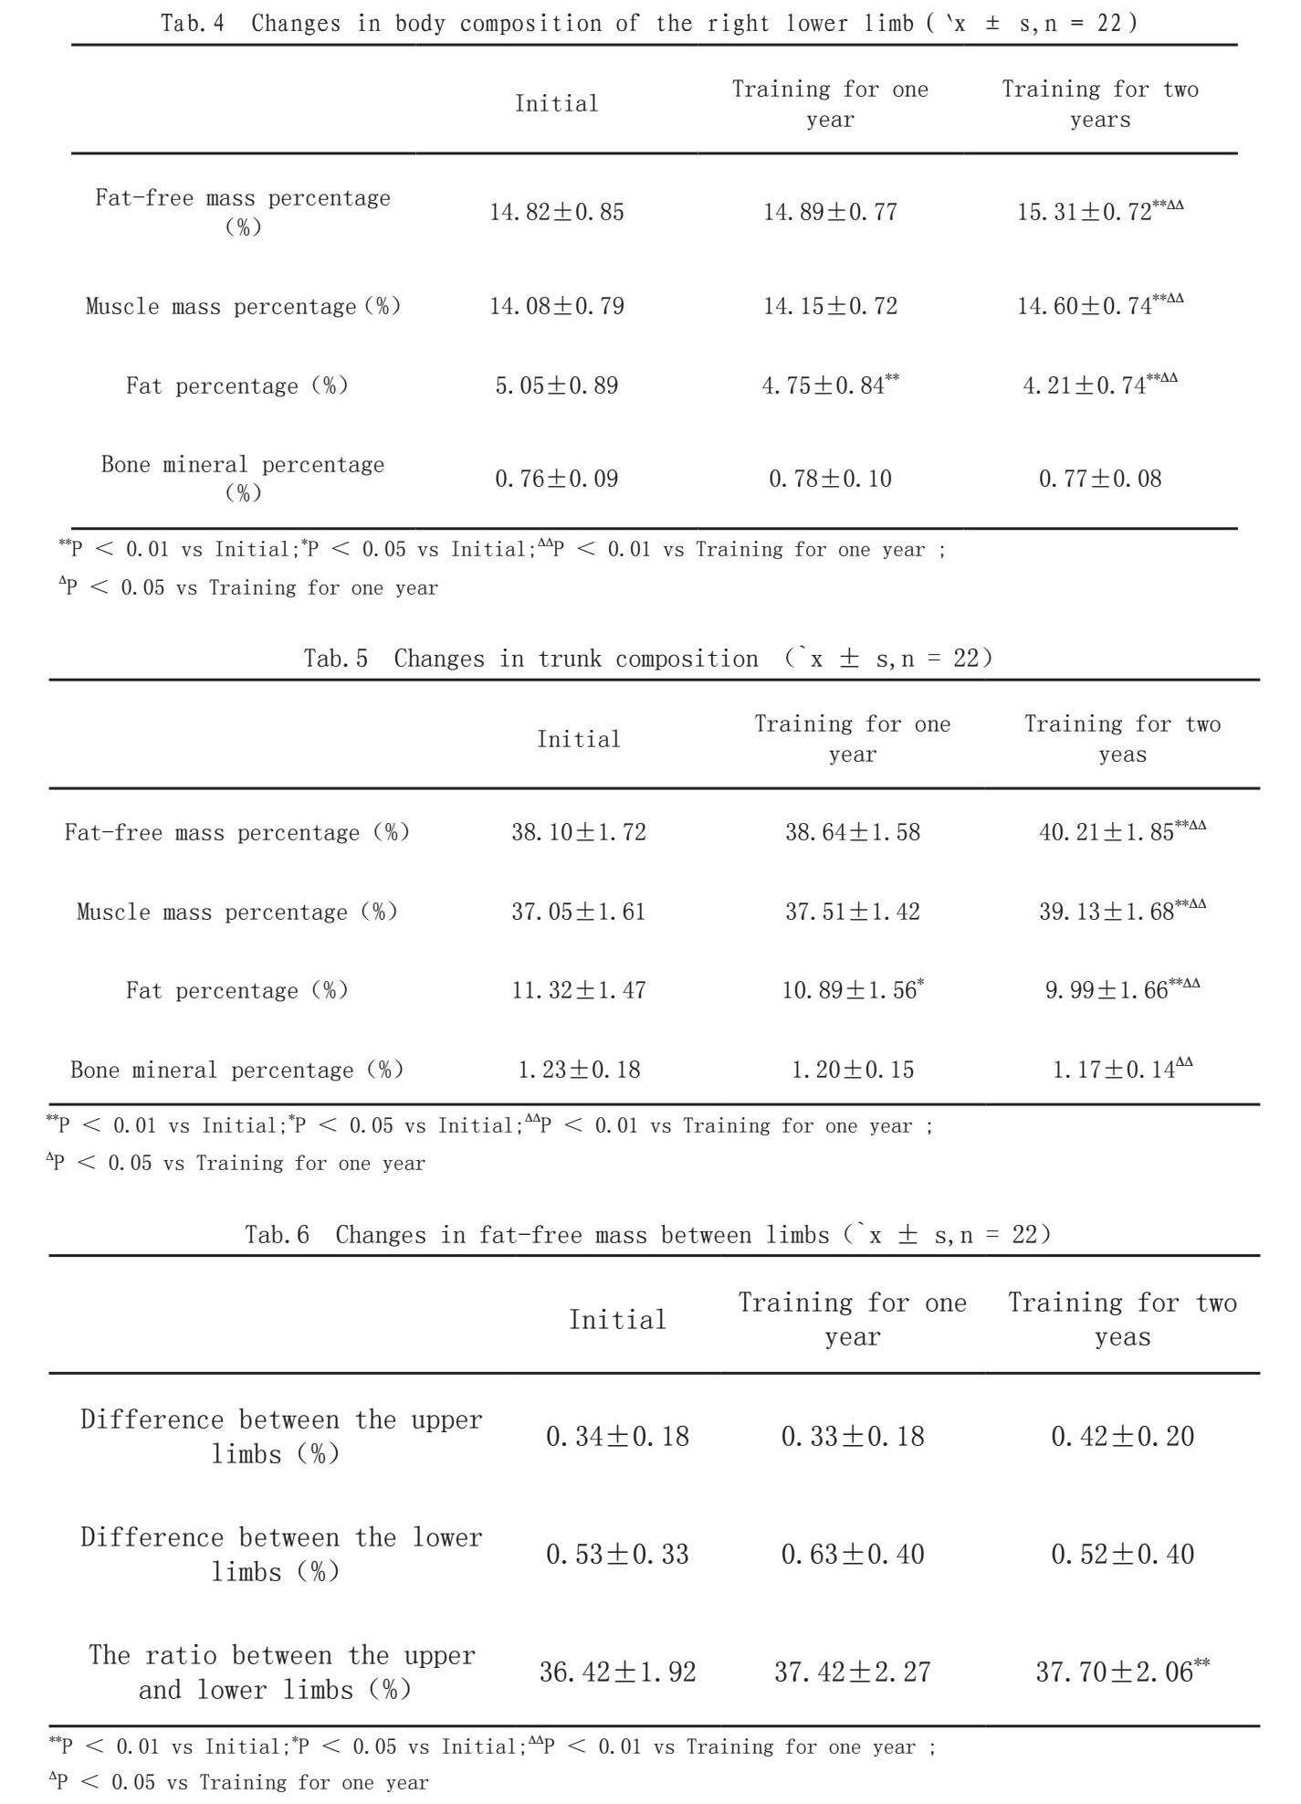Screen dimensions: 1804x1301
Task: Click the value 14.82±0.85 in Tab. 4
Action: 557,212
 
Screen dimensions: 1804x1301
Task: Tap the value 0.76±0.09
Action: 557,479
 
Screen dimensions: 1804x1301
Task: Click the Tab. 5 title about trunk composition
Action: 648,659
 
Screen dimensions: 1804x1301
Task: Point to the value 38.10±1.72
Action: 579,832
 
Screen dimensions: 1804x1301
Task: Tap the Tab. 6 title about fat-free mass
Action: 648,1235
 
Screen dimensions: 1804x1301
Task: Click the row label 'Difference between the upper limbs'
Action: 280,1436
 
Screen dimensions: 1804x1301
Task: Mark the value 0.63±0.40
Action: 853,1554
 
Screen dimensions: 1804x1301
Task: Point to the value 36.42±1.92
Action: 617,1672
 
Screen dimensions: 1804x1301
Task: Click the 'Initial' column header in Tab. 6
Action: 617,1319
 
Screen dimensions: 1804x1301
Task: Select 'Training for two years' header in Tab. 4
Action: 1100,104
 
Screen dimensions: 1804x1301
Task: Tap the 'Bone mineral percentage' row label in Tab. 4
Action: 243,478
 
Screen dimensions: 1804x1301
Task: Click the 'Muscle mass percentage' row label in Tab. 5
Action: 237,912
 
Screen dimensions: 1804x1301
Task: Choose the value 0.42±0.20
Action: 1122,1436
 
